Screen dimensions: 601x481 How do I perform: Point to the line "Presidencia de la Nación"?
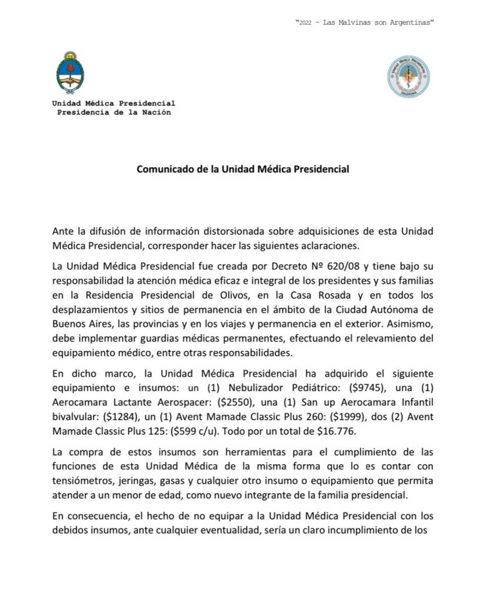tap(114, 112)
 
